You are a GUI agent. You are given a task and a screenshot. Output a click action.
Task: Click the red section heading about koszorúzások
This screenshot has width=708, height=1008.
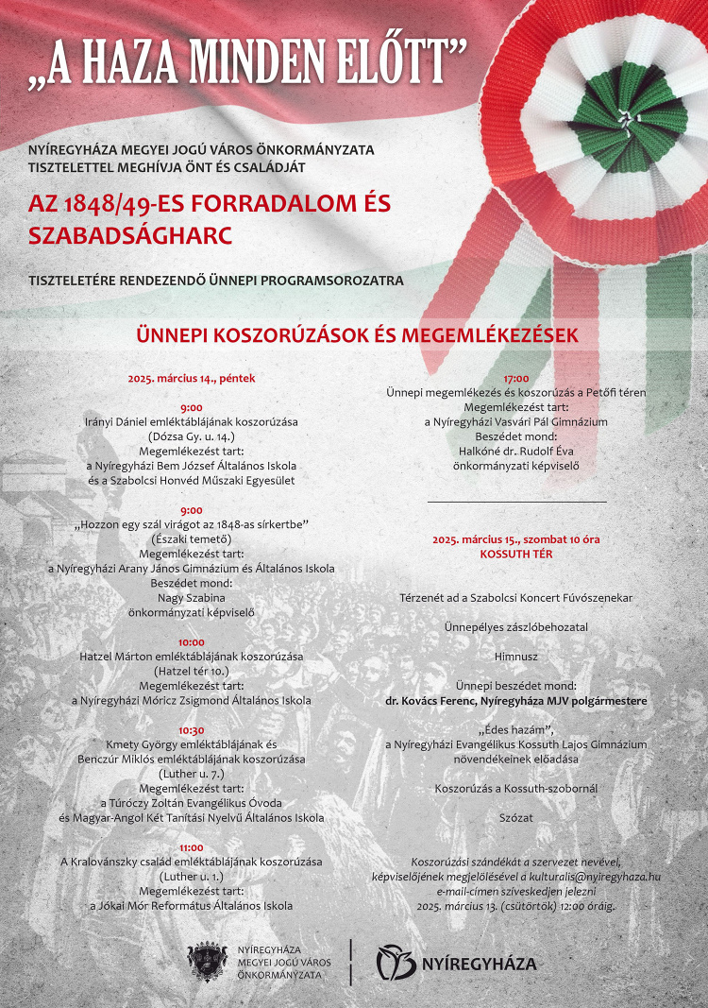click(357, 335)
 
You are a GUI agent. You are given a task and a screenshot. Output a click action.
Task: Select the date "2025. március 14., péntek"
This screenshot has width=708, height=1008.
click(192, 379)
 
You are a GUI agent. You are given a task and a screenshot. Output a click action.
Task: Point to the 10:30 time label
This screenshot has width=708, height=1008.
click(192, 730)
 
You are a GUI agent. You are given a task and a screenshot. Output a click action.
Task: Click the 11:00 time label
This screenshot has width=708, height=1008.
click(192, 847)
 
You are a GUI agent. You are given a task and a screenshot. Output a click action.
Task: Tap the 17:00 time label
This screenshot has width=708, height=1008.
click(516, 378)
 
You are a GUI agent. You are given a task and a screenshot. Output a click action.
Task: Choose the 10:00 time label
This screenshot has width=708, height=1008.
click(192, 641)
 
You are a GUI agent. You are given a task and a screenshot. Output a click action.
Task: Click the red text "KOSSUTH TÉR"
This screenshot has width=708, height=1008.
click(516, 555)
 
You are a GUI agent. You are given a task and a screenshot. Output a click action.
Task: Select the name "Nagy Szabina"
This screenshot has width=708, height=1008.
click(192, 597)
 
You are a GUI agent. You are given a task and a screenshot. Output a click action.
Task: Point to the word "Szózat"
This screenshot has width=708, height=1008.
click(516, 817)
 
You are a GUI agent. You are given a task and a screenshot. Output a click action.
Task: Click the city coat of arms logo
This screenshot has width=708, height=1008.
click(208, 963)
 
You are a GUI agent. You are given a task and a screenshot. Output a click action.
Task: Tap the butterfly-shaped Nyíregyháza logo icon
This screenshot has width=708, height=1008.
click(396, 963)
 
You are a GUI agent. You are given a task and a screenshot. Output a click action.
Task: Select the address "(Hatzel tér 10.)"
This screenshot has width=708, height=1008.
click(192, 671)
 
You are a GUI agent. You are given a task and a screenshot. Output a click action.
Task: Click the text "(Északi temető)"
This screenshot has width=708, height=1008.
click(192, 538)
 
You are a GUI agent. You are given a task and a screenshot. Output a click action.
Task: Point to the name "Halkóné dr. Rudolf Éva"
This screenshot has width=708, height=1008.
click(516, 452)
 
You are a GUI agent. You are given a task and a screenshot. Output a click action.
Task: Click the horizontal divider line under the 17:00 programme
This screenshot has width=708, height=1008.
click(516, 502)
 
